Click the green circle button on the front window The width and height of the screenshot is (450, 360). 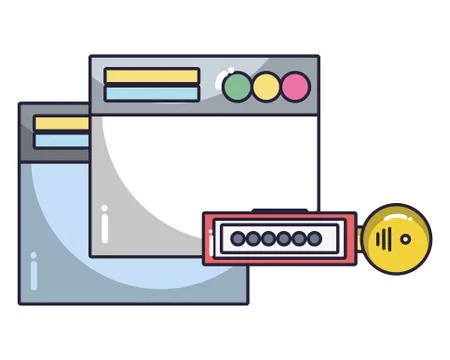(x=237, y=87)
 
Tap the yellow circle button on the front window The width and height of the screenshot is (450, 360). (x=266, y=87)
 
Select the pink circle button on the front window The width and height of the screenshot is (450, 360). (x=295, y=87)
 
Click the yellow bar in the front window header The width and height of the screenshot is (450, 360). (x=152, y=76)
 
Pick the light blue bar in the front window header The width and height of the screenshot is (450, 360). (x=152, y=93)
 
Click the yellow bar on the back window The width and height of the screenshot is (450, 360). (x=61, y=123)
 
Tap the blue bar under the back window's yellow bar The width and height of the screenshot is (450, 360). (x=61, y=140)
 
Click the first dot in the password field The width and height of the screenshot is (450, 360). (x=238, y=239)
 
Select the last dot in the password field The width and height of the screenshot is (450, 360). (x=315, y=239)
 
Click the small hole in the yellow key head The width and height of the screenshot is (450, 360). (x=404, y=239)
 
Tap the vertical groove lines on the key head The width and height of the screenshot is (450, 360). (x=383, y=239)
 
